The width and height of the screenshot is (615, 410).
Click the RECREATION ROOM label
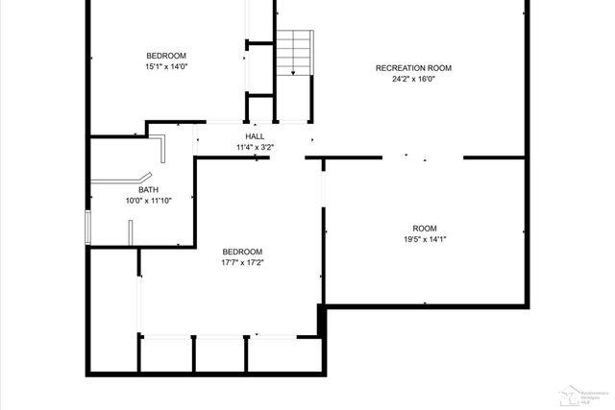pos(413,68)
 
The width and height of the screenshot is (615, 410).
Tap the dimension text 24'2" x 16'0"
pos(413,80)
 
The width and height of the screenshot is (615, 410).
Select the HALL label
pos(255,136)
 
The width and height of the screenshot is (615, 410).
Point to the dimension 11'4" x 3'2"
pos(255,148)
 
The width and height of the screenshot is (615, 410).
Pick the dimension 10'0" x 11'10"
pos(148,201)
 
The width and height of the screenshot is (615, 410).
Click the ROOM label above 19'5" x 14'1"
pos(424,229)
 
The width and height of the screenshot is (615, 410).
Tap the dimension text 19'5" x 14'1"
pos(424,240)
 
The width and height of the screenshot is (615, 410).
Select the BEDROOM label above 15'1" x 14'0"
pos(166,56)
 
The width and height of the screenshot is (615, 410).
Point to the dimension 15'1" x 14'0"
pos(166,67)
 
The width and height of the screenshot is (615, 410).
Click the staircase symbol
pos(295,53)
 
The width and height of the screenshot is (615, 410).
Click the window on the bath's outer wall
pos(86,228)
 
